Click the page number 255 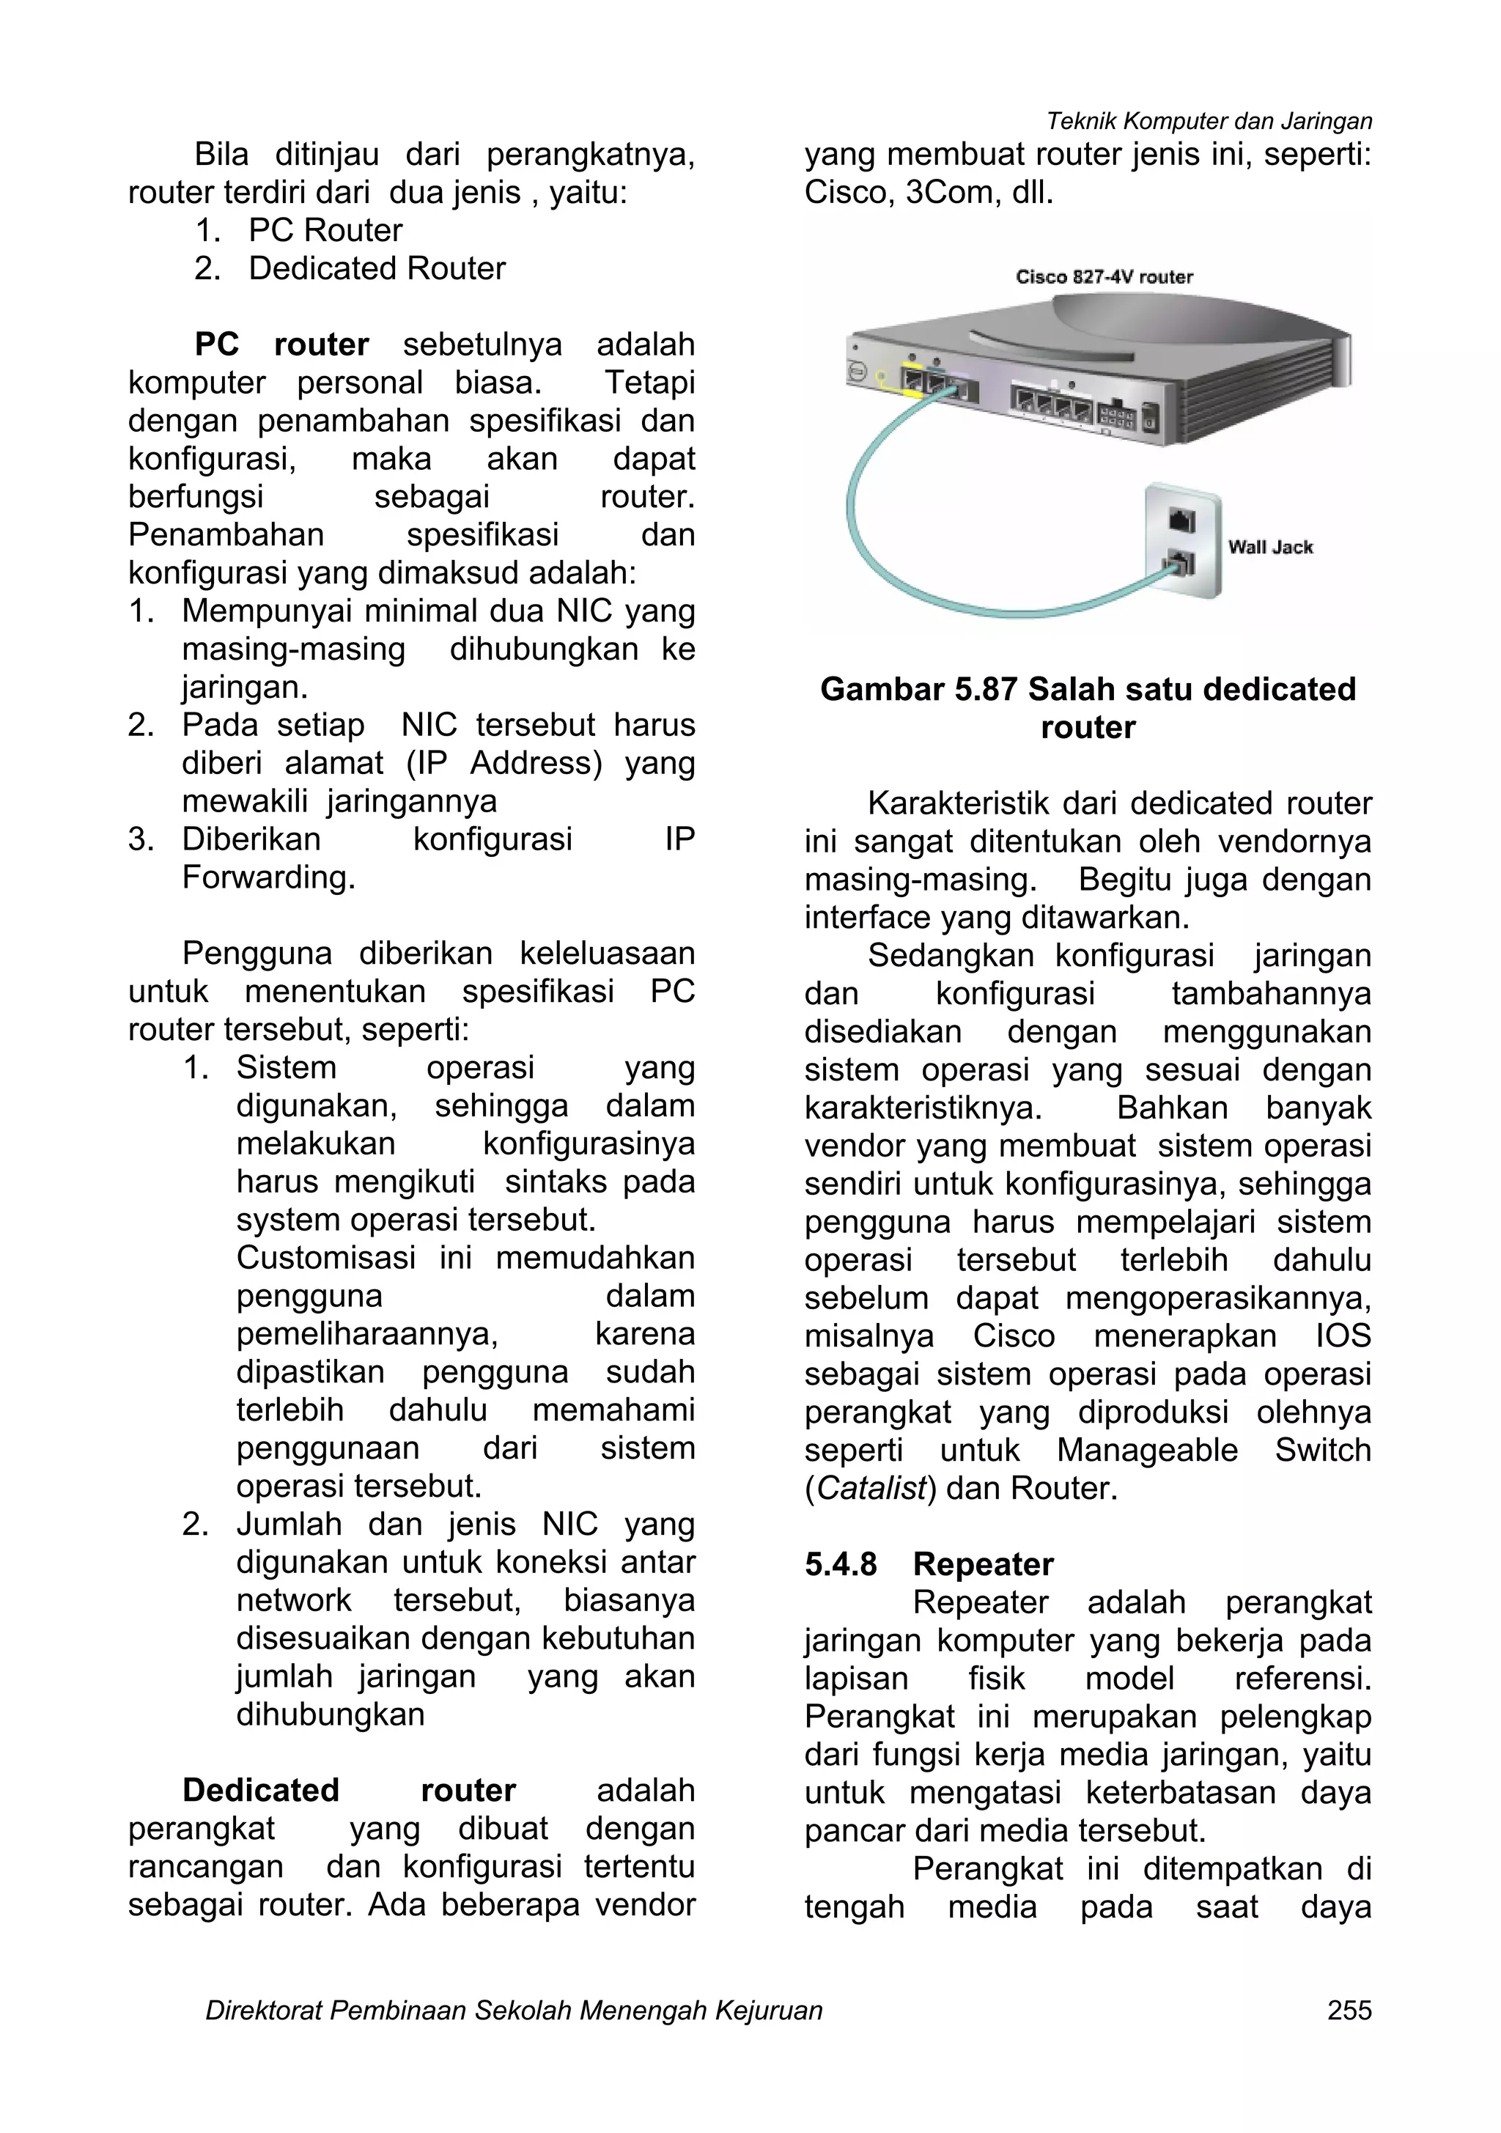[1349, 2011]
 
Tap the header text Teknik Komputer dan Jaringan [1209, 121]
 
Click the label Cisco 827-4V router [1104, 277]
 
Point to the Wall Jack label [1269, 548]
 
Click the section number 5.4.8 [840, 1564]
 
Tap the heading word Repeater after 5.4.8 [983, 1564]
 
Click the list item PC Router [325, 230]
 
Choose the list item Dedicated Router [376, 268]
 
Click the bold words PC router [281, 345]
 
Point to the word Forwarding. [268, 877]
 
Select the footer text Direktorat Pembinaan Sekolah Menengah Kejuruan [514, 2011]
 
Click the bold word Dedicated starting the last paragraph [260, 1790]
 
